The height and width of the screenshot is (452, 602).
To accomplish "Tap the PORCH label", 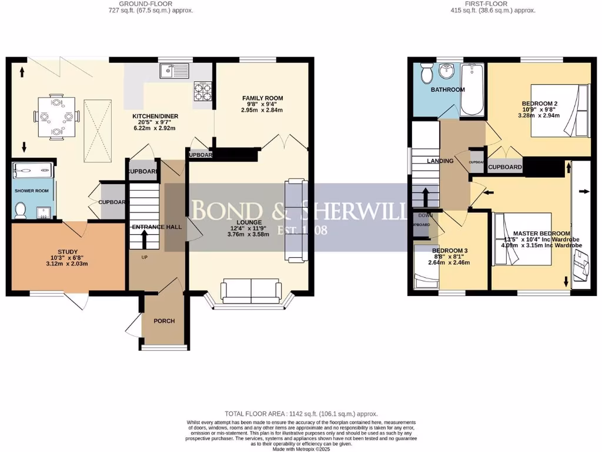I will coord(164,321).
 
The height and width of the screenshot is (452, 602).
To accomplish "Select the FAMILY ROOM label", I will coord(263,98).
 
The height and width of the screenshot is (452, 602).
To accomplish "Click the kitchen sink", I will coord(172,71).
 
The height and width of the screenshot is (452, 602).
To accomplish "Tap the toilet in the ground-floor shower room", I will coord(21,208).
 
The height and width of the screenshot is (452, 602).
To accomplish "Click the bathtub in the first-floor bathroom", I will coord(471,90).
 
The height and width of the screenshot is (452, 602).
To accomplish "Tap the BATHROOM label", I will coord(447,90).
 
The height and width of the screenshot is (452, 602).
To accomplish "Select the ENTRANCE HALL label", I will coord(156,227).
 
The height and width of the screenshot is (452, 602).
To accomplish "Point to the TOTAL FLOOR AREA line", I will coord(301,414).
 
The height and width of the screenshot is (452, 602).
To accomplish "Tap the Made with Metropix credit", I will coord(301,450).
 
